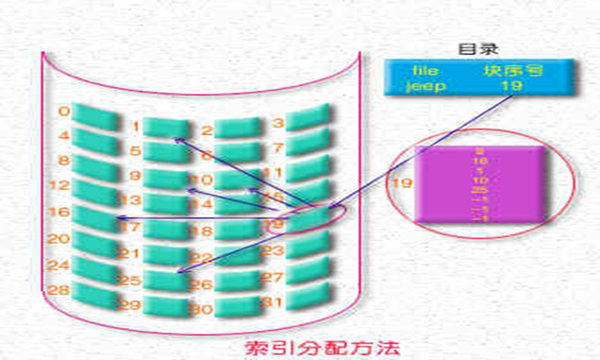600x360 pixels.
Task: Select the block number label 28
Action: [x=58, y=289]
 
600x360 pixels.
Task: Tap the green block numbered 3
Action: [x=308, y=120]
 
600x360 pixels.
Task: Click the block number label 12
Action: [x=58, y=185]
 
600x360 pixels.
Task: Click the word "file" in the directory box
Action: [x=426, y=69]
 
